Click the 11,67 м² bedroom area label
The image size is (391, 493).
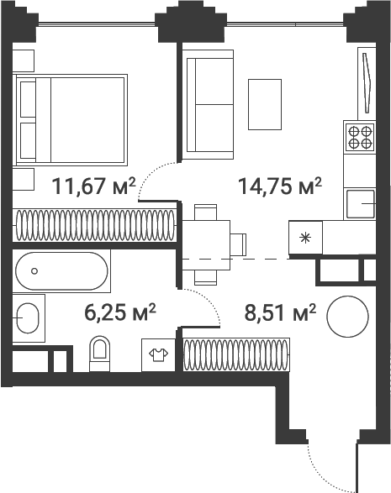[x=93, y=186]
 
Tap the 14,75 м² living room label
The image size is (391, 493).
[x=280, y=186]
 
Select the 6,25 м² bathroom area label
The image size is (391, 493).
[x=120, y=312]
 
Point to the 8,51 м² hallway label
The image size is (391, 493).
[x=280, y=312]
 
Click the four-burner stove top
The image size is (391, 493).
[x=360, y=137]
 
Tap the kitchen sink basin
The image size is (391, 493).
[x=361, y=204]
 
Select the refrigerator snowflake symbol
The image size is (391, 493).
[x=305, y=238]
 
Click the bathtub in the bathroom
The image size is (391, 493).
[x=61, y=270]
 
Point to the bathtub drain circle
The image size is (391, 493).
[x=34, y=270]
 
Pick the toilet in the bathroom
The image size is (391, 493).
[x=99, y=354]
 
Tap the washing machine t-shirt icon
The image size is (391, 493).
[x=158, y=354]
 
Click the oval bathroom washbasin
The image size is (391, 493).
[x=28, y=317]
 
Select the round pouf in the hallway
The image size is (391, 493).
[x=347, y=317]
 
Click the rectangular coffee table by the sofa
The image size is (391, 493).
[x=265, y=104]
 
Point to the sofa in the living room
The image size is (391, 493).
[x=208, y=105]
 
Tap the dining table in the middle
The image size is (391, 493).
[x=206, y=245]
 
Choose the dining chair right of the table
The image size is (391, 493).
[x=238, y=245]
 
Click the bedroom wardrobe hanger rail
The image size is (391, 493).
[x=95, y=225]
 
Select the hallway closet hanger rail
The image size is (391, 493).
[x=235, y=354]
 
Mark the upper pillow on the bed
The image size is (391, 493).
[x=28, y=99]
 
